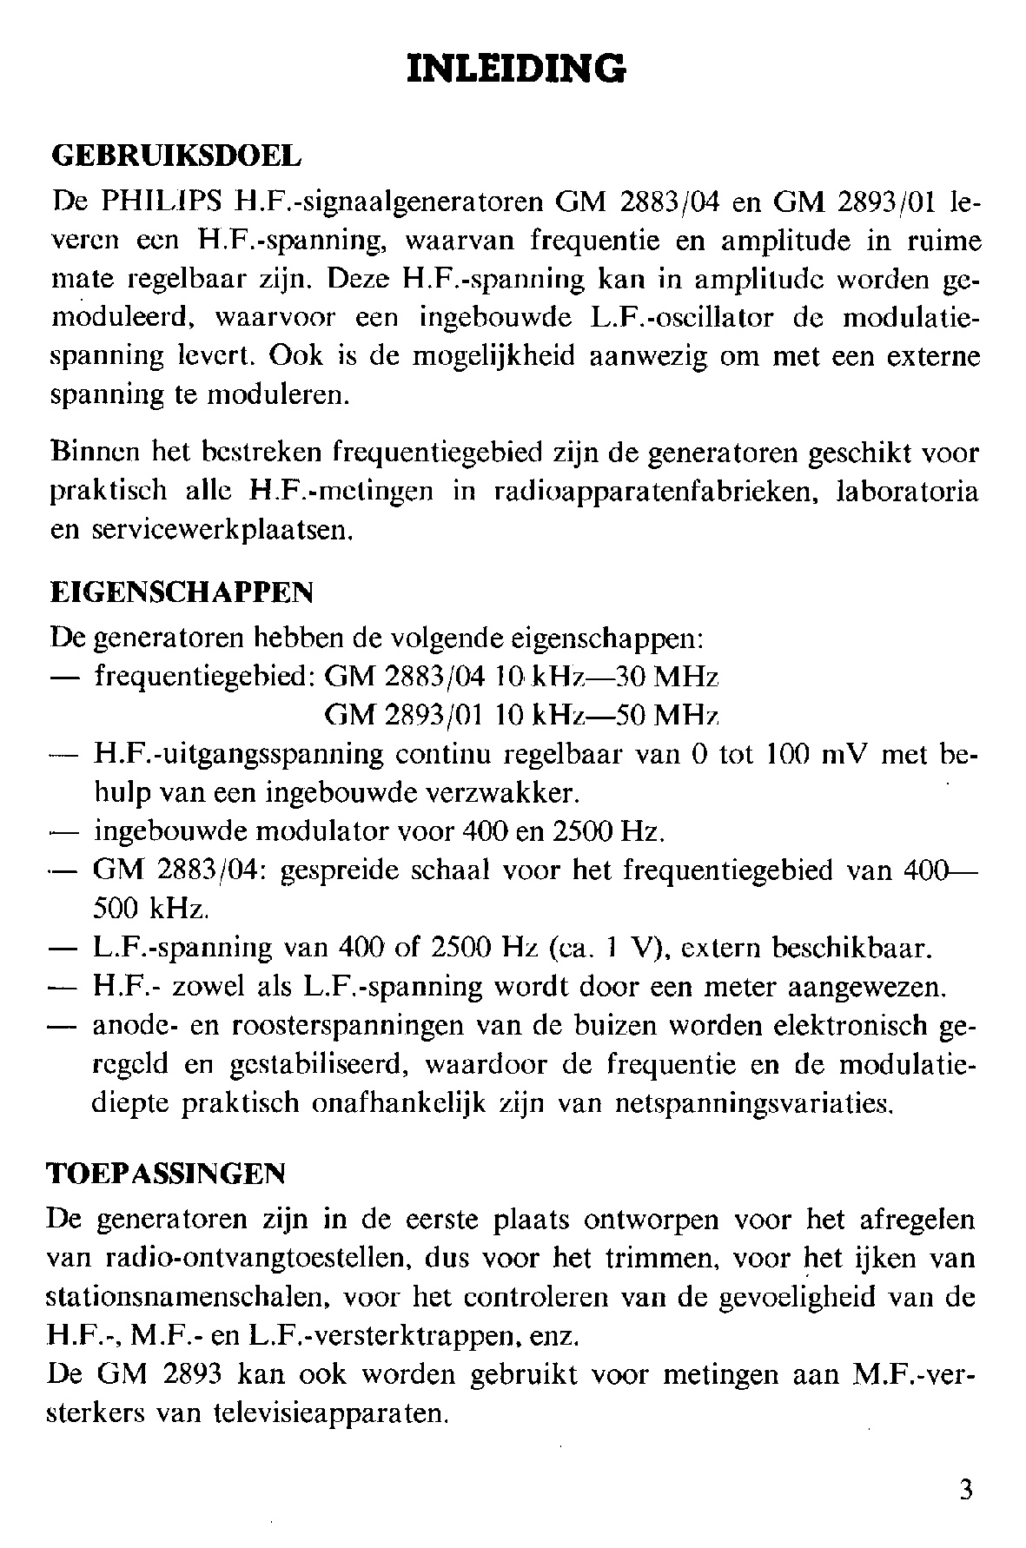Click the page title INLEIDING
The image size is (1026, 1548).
[x=516, y=67]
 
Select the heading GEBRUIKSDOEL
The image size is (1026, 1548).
[x=177, y=156]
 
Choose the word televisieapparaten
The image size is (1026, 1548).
[x=329, y=1414]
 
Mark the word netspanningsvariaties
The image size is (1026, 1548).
[x=753, y=1103]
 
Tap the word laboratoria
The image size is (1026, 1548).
[x=906, y=492]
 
